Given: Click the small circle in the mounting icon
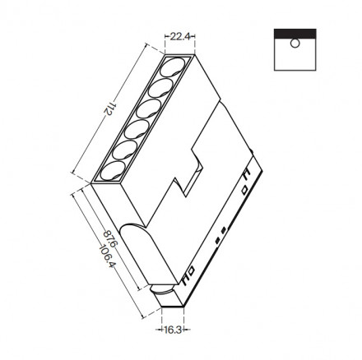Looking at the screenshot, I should tap(294, 44).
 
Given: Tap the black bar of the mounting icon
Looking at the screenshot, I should tap(294, 33).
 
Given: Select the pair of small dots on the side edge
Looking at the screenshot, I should tap(218, 237).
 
